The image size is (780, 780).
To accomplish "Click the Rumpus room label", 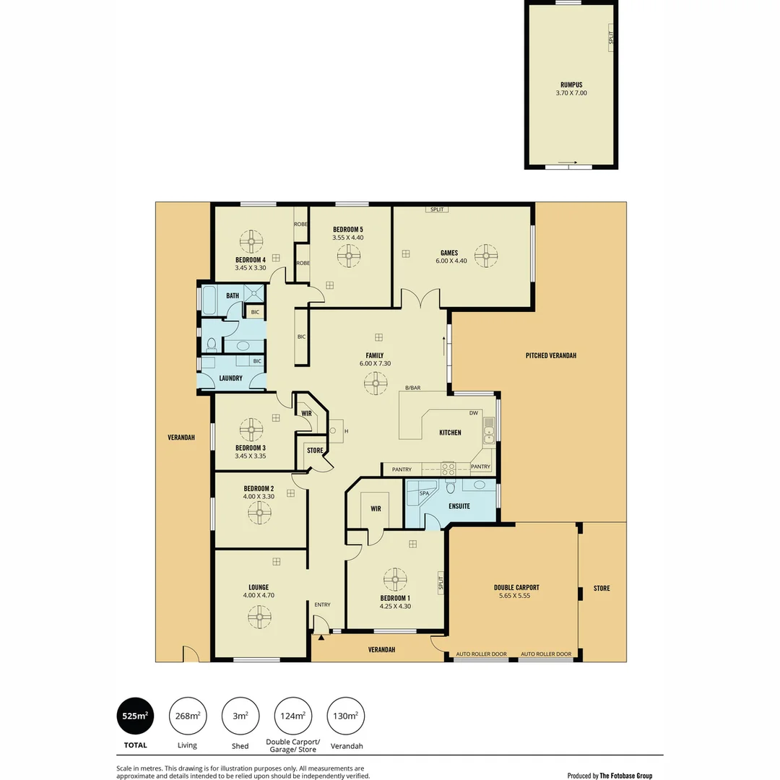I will (571, 84).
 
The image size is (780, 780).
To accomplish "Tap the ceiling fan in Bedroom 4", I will (251, 241).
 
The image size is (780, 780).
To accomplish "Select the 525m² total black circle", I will (135, 716).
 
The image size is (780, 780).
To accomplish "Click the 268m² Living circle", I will (188, 716).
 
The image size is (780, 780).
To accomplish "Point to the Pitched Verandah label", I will (551, 355).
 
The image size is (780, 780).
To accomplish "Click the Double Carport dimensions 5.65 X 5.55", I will (516, 596).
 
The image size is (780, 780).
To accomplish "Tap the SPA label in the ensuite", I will (425, 493).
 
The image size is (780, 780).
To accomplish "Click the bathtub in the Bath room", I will (209, 301).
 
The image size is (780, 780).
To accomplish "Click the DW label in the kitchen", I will (474, 413).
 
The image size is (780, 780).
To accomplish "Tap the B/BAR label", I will (412, 389).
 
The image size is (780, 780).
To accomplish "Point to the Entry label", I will (322, 604).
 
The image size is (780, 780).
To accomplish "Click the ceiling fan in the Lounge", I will (259, 616).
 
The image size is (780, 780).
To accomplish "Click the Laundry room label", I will (230, 378).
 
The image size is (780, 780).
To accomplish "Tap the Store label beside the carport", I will (602, 588).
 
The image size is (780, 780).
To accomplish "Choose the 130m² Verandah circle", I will (346, 716).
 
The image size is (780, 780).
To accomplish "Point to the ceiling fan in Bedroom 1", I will (395, 579).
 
